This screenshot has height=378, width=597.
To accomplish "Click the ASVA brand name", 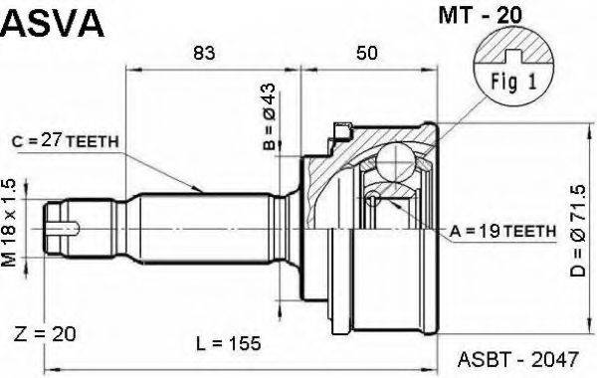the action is click(53, 23).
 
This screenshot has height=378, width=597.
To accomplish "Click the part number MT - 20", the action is click(480, 15).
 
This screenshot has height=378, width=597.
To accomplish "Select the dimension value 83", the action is click(204, 53).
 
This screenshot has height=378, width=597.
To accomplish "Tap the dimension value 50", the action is click(367, 53).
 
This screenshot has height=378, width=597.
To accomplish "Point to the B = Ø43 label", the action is click(270, 116).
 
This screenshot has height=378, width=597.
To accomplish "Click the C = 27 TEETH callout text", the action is click(65, 141).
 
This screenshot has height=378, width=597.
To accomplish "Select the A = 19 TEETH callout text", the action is click(502, 231).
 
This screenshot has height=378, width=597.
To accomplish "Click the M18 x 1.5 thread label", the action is click(10, 222).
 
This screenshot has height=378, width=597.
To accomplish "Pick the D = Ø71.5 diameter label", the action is click(577, 231).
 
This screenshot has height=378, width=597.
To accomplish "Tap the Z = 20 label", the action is click(45, 334).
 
